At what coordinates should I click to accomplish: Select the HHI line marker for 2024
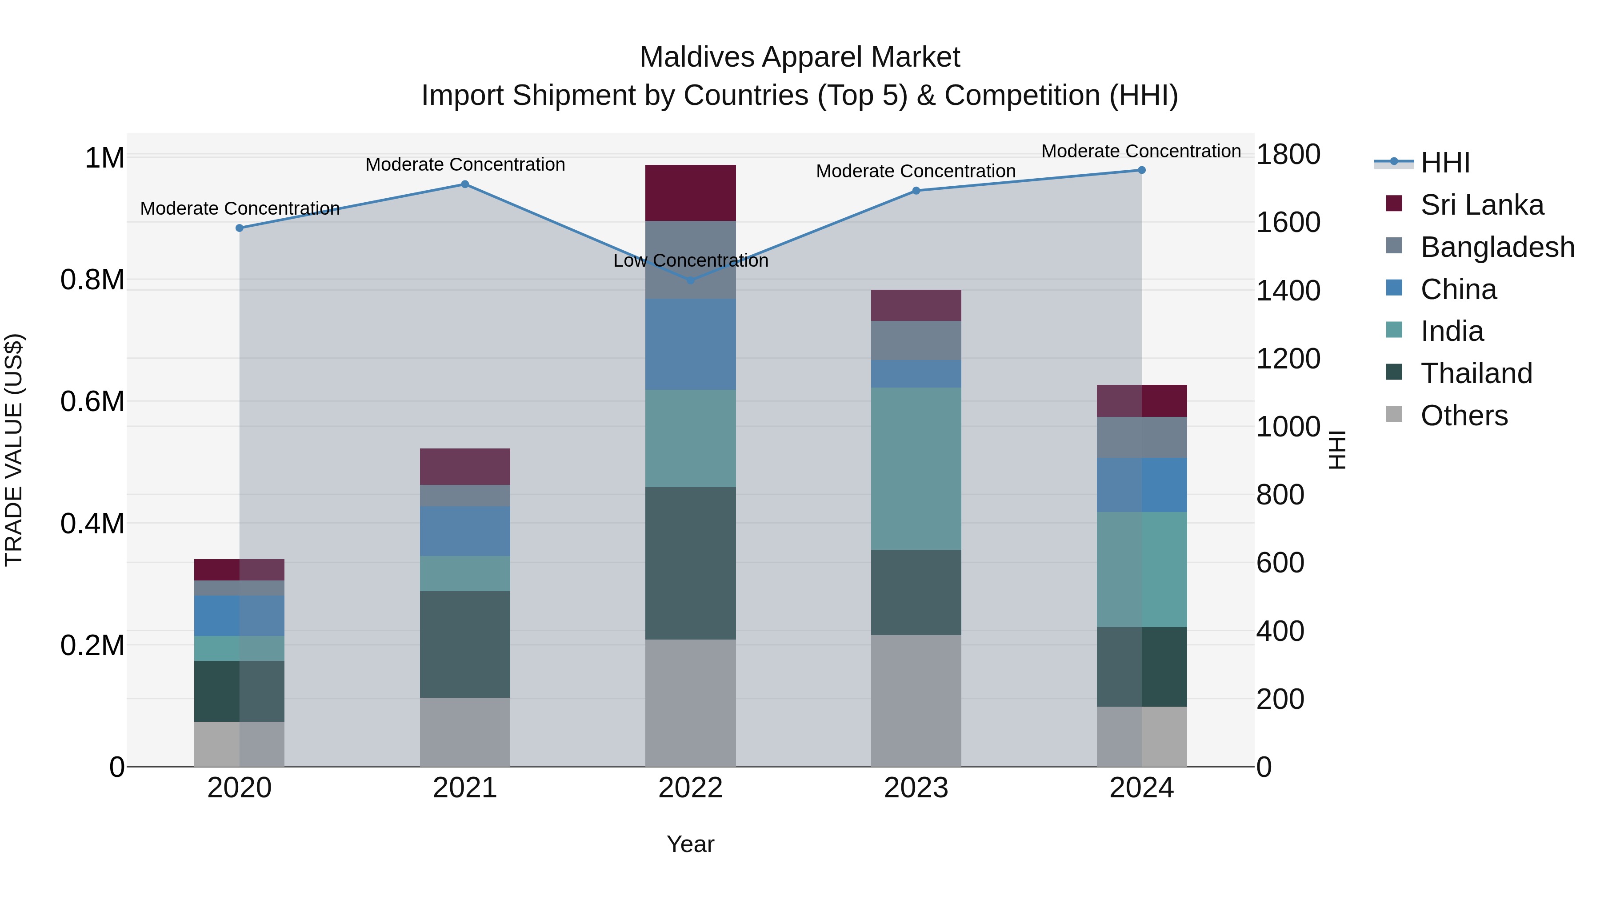click(x=1142, y=170)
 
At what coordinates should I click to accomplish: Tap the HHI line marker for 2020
click(x=240, y=228)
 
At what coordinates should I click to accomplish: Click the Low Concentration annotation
click(x=691, y=261)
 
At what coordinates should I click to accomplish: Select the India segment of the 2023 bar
click(x=916, y=468)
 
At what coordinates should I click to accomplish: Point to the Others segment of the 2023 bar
click(x=916, y=700)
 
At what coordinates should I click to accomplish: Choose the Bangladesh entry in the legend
click(x=1497, y=247)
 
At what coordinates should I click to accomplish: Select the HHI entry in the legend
click(x=1445, y=163)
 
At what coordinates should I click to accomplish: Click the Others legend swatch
click(x=1394, y=414)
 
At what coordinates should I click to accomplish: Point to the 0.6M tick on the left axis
click(x=92, y=402)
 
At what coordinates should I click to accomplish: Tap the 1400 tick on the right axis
click(x=1288, y=291)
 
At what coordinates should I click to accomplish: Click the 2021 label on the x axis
click(x=465, y=788)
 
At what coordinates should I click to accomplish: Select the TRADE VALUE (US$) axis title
click(x=14, y=450)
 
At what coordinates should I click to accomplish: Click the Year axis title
click(x=691, y=844)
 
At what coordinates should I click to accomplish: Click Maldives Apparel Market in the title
click(x=800, y=57)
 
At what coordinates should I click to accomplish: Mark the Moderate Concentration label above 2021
click(x=465, y=164)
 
